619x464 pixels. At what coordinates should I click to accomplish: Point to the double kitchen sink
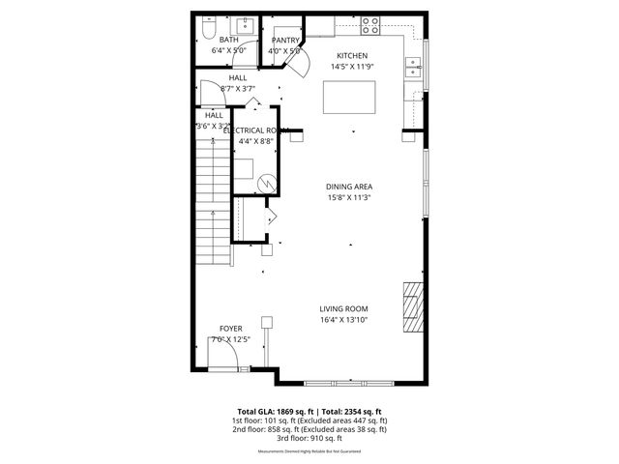click(416, 67)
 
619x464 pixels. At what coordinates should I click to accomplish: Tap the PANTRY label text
click(285, 40)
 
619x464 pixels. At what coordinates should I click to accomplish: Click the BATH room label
click(227, 40)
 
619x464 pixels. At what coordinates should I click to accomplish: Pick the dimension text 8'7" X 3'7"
click(238, 89)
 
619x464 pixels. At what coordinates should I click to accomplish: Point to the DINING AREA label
click(349, 187)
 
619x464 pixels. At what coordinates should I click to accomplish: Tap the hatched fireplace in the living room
click(413, 306)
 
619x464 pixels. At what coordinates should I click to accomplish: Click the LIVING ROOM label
click(344, 309)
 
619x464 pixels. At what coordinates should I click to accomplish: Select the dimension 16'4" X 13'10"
click(344, 320)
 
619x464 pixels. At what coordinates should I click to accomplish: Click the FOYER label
click(230, 329)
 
